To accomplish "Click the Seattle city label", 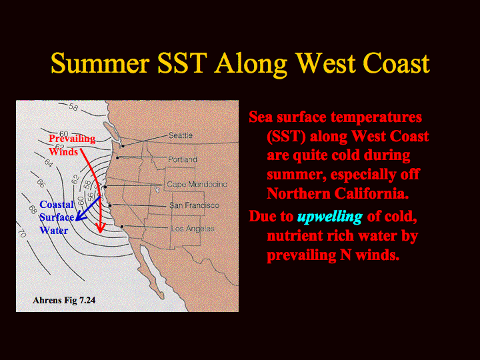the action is coord(181,135).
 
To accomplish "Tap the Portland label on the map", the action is coord(183,159).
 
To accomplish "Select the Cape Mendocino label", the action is coord(197,184).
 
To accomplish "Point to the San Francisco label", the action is coord(195,205).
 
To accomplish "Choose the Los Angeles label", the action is coord(193,229).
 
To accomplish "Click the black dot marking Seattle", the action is coord(123,146).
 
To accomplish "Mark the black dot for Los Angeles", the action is coord(122,227).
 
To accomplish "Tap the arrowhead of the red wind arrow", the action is coord(101,228).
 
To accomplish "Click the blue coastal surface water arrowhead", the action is coord(80,216).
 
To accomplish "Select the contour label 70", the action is coord(22,233).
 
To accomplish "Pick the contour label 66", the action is coord(41,183).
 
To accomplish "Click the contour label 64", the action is coord(49,162).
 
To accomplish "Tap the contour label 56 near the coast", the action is coord(90,197).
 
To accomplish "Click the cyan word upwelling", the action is coord(330,217).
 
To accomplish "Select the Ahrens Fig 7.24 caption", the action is coord(64,300).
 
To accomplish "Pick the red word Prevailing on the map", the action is coord(72,139).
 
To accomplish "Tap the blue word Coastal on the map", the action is coord(57,205).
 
